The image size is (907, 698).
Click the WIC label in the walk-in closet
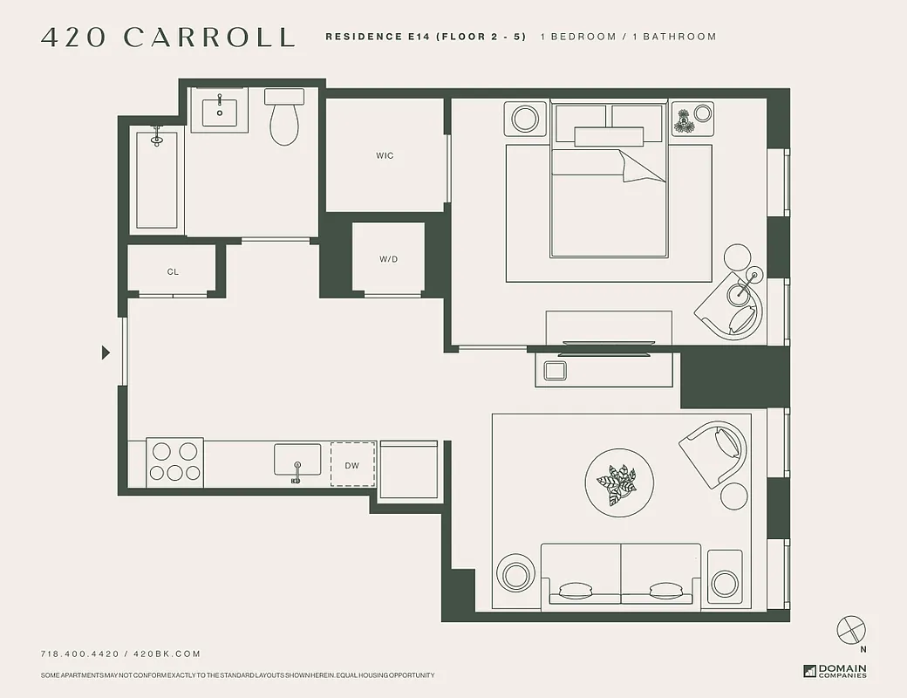pos(385,156)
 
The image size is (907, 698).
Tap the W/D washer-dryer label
pos(388,259)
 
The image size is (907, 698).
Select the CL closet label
pos(173,272)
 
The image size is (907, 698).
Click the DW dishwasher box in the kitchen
pos(352,465)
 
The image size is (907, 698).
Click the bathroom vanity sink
pos(220,110)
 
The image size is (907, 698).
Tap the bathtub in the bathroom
pos(157,180)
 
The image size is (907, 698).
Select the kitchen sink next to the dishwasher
pos(297,460)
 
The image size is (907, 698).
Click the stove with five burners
pos(174,462)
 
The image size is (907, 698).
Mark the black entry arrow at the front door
pos(106,352)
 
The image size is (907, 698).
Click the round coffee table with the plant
pos(620,483)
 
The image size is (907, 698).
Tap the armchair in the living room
pos(717,452)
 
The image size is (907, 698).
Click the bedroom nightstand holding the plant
pos(692,119)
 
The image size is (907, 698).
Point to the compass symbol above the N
pos(850,629)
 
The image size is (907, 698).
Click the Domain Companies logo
pos(835,671)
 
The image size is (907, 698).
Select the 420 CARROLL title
pos(167,38)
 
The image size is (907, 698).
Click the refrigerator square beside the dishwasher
pos(409,469)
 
